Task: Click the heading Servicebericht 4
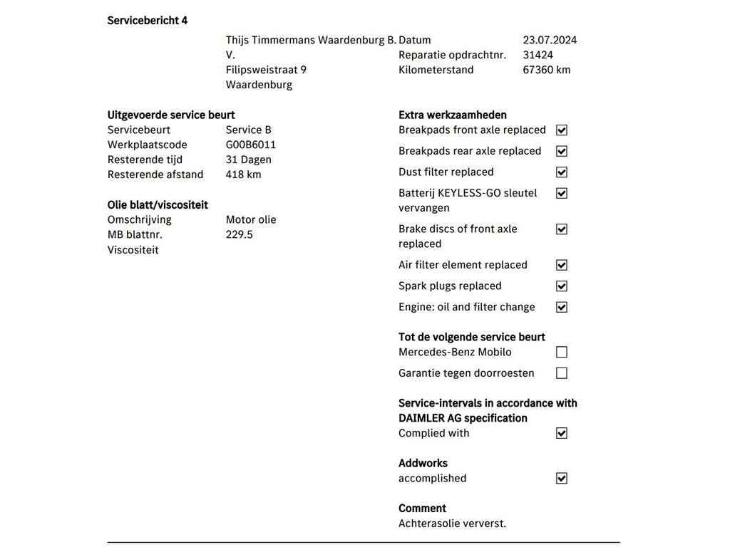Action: click(x=148, y=21)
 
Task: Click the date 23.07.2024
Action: click(x=550, y=41)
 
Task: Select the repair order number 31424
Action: click(x=538, y=55)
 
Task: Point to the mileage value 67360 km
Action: click(x=546, y=70)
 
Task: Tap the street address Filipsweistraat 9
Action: click(x=266, y=70)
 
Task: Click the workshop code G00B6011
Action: click(x=250, y=145)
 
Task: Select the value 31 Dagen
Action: click(x=248, y=160)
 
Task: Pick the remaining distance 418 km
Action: click(x=243, y=174)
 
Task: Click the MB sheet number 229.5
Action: click(x=239, y=234)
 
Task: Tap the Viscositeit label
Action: click(x=133, y=250)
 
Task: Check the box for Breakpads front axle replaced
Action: click(x=562, y=130)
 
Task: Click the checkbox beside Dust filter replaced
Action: click(x=562, y=172)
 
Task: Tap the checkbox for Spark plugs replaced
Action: click(x=562, y=286)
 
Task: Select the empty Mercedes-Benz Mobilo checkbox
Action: click(x=562, y=352)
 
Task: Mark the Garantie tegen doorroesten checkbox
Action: click(x=562, y=373)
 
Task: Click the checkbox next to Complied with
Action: click(x=562, y=433)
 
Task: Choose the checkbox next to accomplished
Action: click(x=562, y=479)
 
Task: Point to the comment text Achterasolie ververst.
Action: click(x=452, y=523)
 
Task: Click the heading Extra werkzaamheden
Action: click(x=453, y=115)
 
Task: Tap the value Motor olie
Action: click(x=251, y=219)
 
